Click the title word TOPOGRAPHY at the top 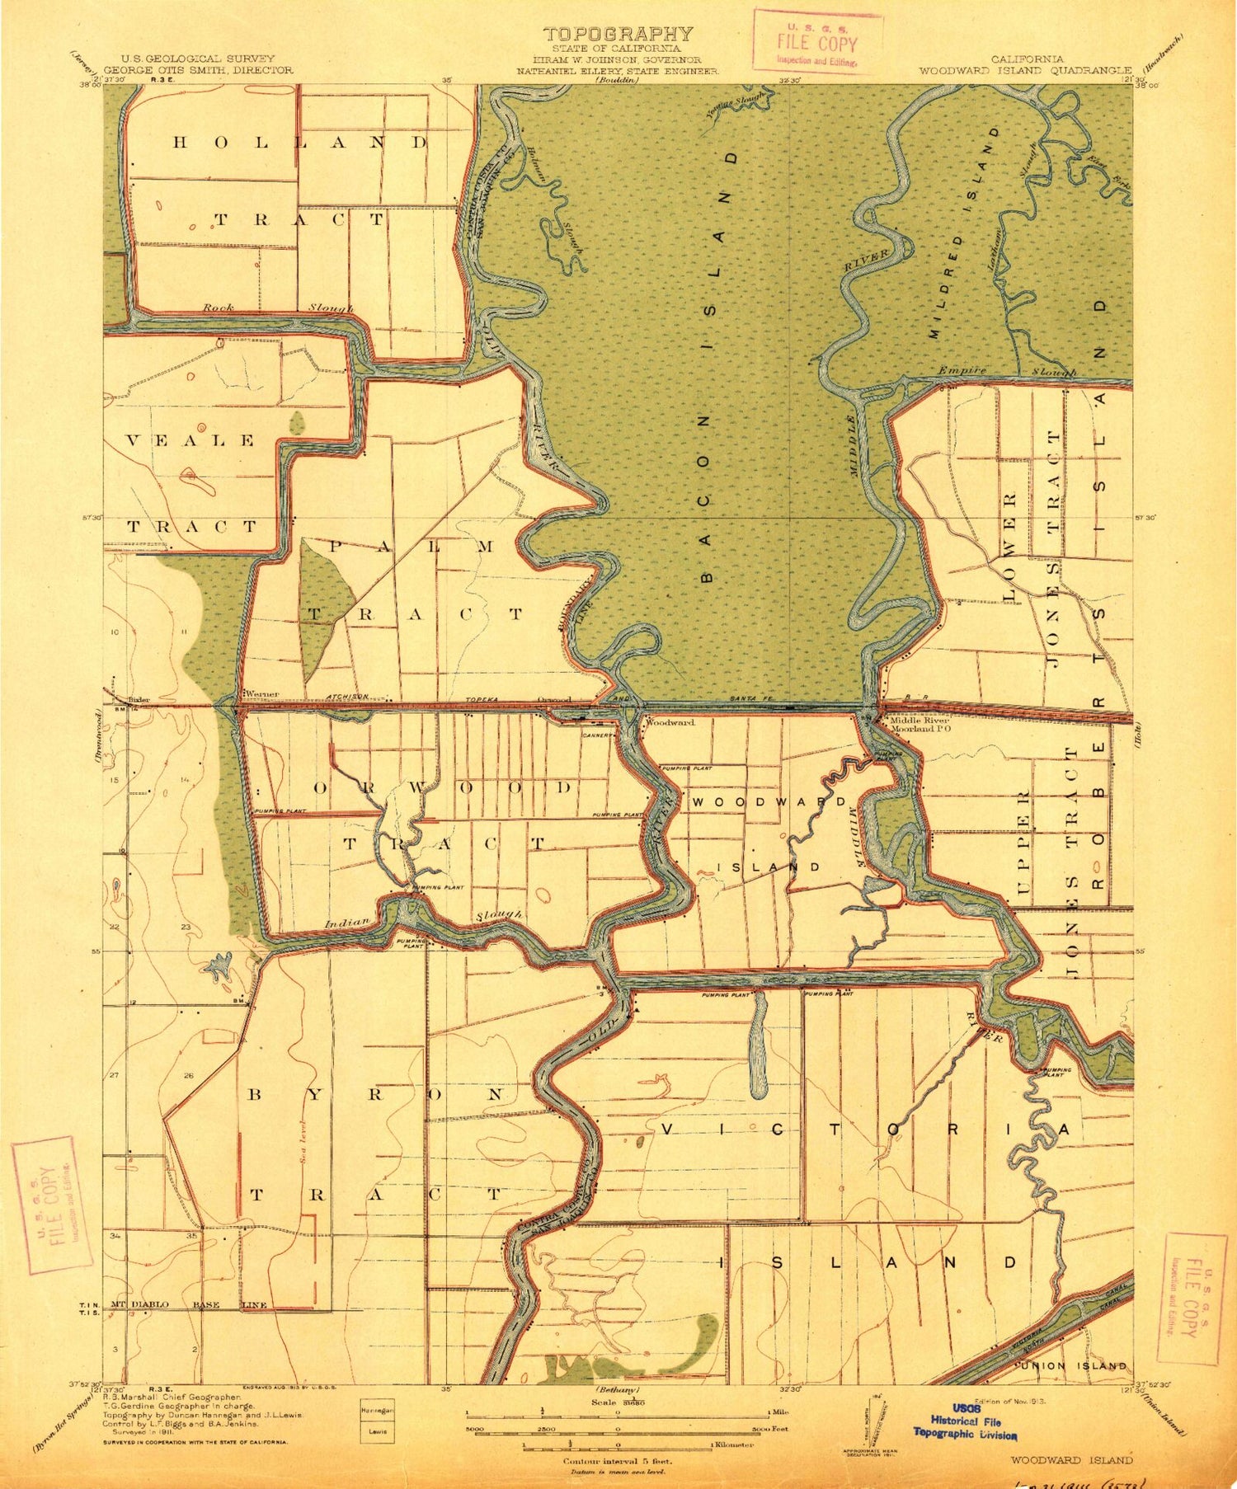click(618, 34)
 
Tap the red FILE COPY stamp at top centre click(817, 42)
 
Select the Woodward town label click(670, 722)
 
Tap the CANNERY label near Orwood click(600, 735)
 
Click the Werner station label click(261, 693)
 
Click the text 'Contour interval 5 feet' click(617, 1461)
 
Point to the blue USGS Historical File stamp click(965, 1421)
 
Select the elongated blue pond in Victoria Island click(758, 1044)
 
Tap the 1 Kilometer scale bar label click(731, 1445)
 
